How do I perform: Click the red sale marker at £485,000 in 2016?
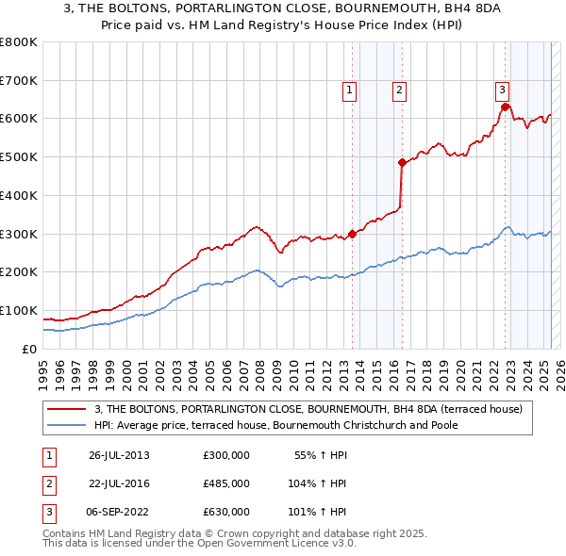(x=402, y=162)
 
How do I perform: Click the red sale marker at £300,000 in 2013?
(x=352, y=234)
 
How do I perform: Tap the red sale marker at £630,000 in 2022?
(x=505, y=106)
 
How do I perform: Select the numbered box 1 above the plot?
(x=349, y=90)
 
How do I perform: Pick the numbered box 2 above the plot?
(x=400, y=90)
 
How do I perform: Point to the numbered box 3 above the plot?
(x=503, y=90)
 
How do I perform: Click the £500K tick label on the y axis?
(x=19, y=156)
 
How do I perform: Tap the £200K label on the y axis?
(x=19, y=271)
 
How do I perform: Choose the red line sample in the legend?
(x=67, y=408)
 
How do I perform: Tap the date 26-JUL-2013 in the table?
(x=119, y=455)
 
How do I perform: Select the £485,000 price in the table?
(x=226, y=483)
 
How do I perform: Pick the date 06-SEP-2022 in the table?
(x=119, y=512)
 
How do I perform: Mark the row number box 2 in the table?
(x=48, y=483)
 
